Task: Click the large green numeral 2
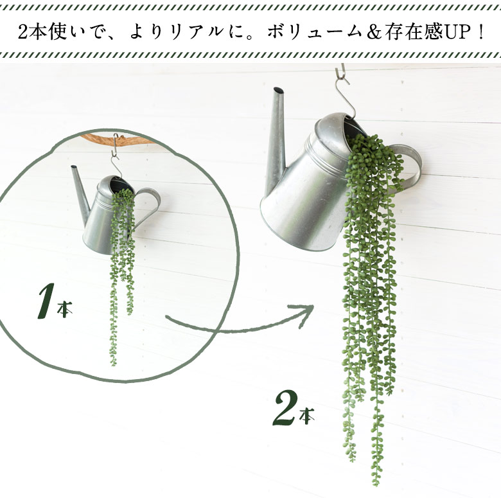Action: click(x=284, y=409)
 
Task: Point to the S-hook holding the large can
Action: click(x=344, y=90)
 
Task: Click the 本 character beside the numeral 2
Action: click(x=307, y=417)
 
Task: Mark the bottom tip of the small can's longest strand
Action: click(x=114, y=364)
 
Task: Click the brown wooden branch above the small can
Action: click(x=96, y=138)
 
